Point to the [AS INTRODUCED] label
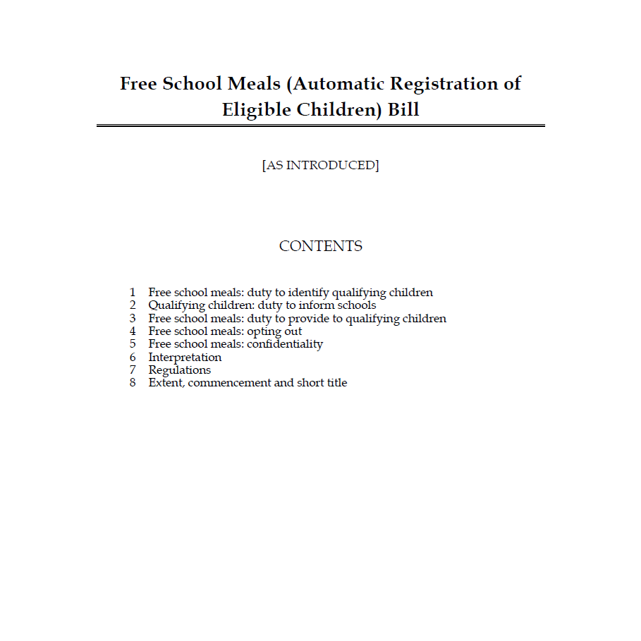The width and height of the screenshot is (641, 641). click(x=320, y=166)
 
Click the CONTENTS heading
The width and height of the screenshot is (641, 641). click(x=320, y=246)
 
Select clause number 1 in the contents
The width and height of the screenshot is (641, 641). click(x=132, y=293)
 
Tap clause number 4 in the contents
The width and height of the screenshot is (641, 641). click(x=132, y=331)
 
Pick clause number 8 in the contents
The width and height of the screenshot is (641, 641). click(x=132, y=383)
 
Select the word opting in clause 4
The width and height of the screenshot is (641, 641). click(x=264, y=331)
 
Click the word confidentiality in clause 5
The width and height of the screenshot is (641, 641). click(x=285, y=344)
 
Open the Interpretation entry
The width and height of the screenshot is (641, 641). click(x=185, y=358)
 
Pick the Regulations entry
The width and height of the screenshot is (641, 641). click(x=179, y=370)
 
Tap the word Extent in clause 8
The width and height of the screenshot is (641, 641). click(x=166, y=383)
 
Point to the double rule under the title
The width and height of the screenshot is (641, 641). click(x=320, y=126)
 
